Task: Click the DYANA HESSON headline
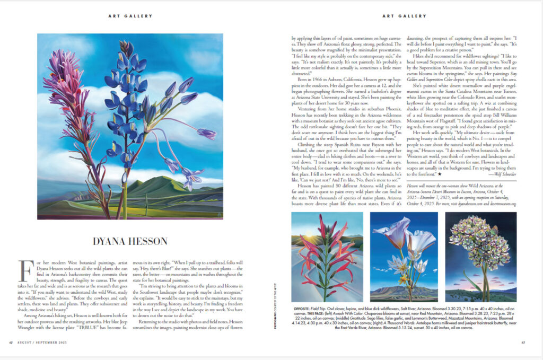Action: pos(129,241)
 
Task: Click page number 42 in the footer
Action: pos(11,341)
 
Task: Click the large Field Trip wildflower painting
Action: pos(129,126)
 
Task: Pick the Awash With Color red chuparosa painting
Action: pos(327,257)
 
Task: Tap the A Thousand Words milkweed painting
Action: pos(480,257)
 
